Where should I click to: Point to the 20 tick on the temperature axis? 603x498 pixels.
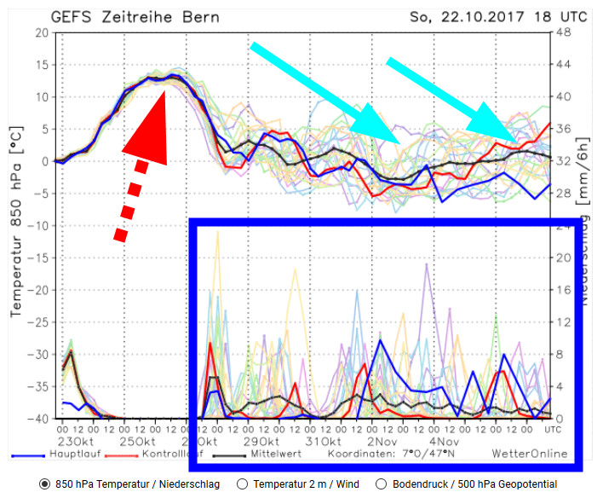40,32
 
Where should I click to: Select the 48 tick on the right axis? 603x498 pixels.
586,32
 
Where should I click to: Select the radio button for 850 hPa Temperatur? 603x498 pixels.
44,484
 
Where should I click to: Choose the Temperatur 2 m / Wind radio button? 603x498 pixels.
243,484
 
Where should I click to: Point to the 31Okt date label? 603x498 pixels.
322,442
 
